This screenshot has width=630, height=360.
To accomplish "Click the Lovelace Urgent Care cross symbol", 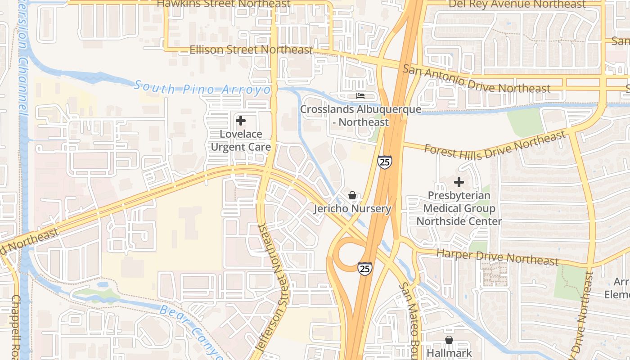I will tap(241, 121).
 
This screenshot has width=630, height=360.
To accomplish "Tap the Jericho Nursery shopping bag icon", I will tap(352, 195).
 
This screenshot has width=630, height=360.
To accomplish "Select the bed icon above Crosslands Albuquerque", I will tap(360, 95).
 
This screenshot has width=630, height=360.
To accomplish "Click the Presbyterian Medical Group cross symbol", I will tap(459, 182).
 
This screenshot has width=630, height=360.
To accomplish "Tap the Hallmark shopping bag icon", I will tap(449, 340).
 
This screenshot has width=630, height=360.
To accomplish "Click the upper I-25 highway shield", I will tap(384, 162).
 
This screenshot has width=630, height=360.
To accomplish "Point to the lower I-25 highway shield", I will tap(365, 268).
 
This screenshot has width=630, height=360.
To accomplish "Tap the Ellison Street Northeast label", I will tap(251, 49).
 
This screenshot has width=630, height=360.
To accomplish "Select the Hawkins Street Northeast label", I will tap(224, 4).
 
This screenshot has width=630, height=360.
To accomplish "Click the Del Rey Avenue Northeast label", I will tap(517, 4).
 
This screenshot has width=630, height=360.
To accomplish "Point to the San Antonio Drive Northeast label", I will tap(476, 79).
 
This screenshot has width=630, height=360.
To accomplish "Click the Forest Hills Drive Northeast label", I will tap(495, 146).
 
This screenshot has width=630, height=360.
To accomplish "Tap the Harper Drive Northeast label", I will tap(497, 257).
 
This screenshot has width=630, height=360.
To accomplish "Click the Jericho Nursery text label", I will tap(352, 209).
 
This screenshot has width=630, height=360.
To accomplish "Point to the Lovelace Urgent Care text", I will tap(241, 140).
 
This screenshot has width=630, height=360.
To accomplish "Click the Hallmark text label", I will tap(449, 353).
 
